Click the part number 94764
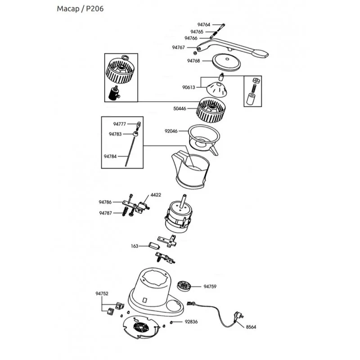click(204, 25)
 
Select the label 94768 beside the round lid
click(193, 60)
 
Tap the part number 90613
click(189, 87)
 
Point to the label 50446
click(180, 108)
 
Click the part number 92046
click(171, 131)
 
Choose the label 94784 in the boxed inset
click(110, 156)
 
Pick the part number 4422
click(156, 195)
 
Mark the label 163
click(135, 246)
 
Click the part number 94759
click(210, 286)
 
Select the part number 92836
click(191, 322)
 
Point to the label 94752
click(102, 293)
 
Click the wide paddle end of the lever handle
click(261, 54)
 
